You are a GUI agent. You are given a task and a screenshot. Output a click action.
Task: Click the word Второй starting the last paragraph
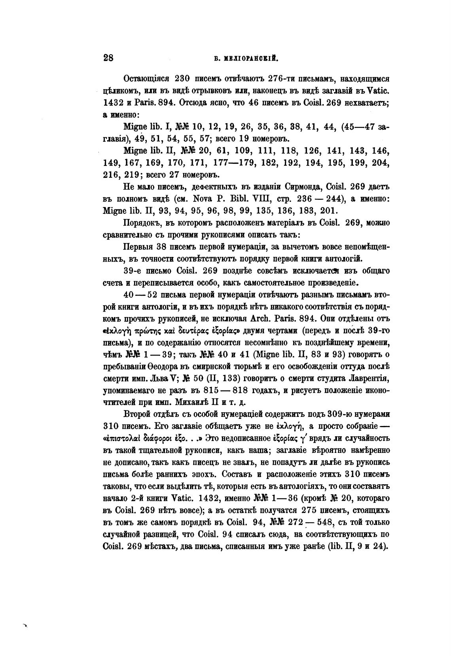[138, 415]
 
